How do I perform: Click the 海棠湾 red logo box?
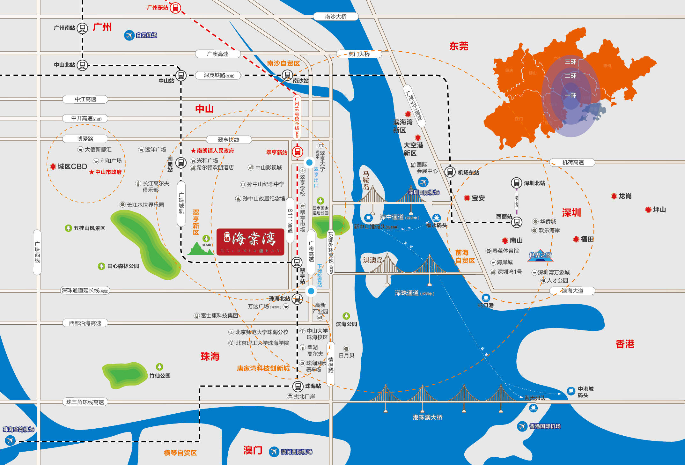pyautogui.click(x=250, y=242)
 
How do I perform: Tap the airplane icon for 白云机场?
pyautogui.click(x=129, y=35)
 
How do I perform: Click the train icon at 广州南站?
pyautogui.click(x=82, y=28)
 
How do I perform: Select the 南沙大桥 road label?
pyautogui.click(x=335, y=17)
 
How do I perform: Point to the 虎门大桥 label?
pyautogui.click(x=359, y=54)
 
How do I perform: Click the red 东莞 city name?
pyautogui.click(x=459, y=46)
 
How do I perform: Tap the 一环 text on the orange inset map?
pyautogui.click(x=571, y=95)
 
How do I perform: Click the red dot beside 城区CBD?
pyautogui.click(x=53, y=166)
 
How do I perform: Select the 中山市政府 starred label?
pyautogui.click(x=106, y=172)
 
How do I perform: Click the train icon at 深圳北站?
pyautogui.click(x=516, y=183)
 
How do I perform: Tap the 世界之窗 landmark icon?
pyautogui.click(x=540, y=255)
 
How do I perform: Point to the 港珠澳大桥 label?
pyautogui.click(x=427, y=417)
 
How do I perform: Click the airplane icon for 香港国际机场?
pyautogui.click(x=522, y=426)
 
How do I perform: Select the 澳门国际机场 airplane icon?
pyautogui.click(x=274, y=452)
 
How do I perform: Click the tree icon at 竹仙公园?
pyautogui.click(x=159, y=367)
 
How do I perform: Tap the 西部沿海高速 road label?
pyautogui.click(x=85, y=323)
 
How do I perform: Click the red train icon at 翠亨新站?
pyautogui.click(x=298, y=152)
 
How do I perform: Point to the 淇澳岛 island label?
pyautogui.click(x=372, y=260)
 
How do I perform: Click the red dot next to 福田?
pyautogui.click(x=576, y=239)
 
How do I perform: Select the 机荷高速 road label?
pyautogui.click(x=573, y=162)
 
